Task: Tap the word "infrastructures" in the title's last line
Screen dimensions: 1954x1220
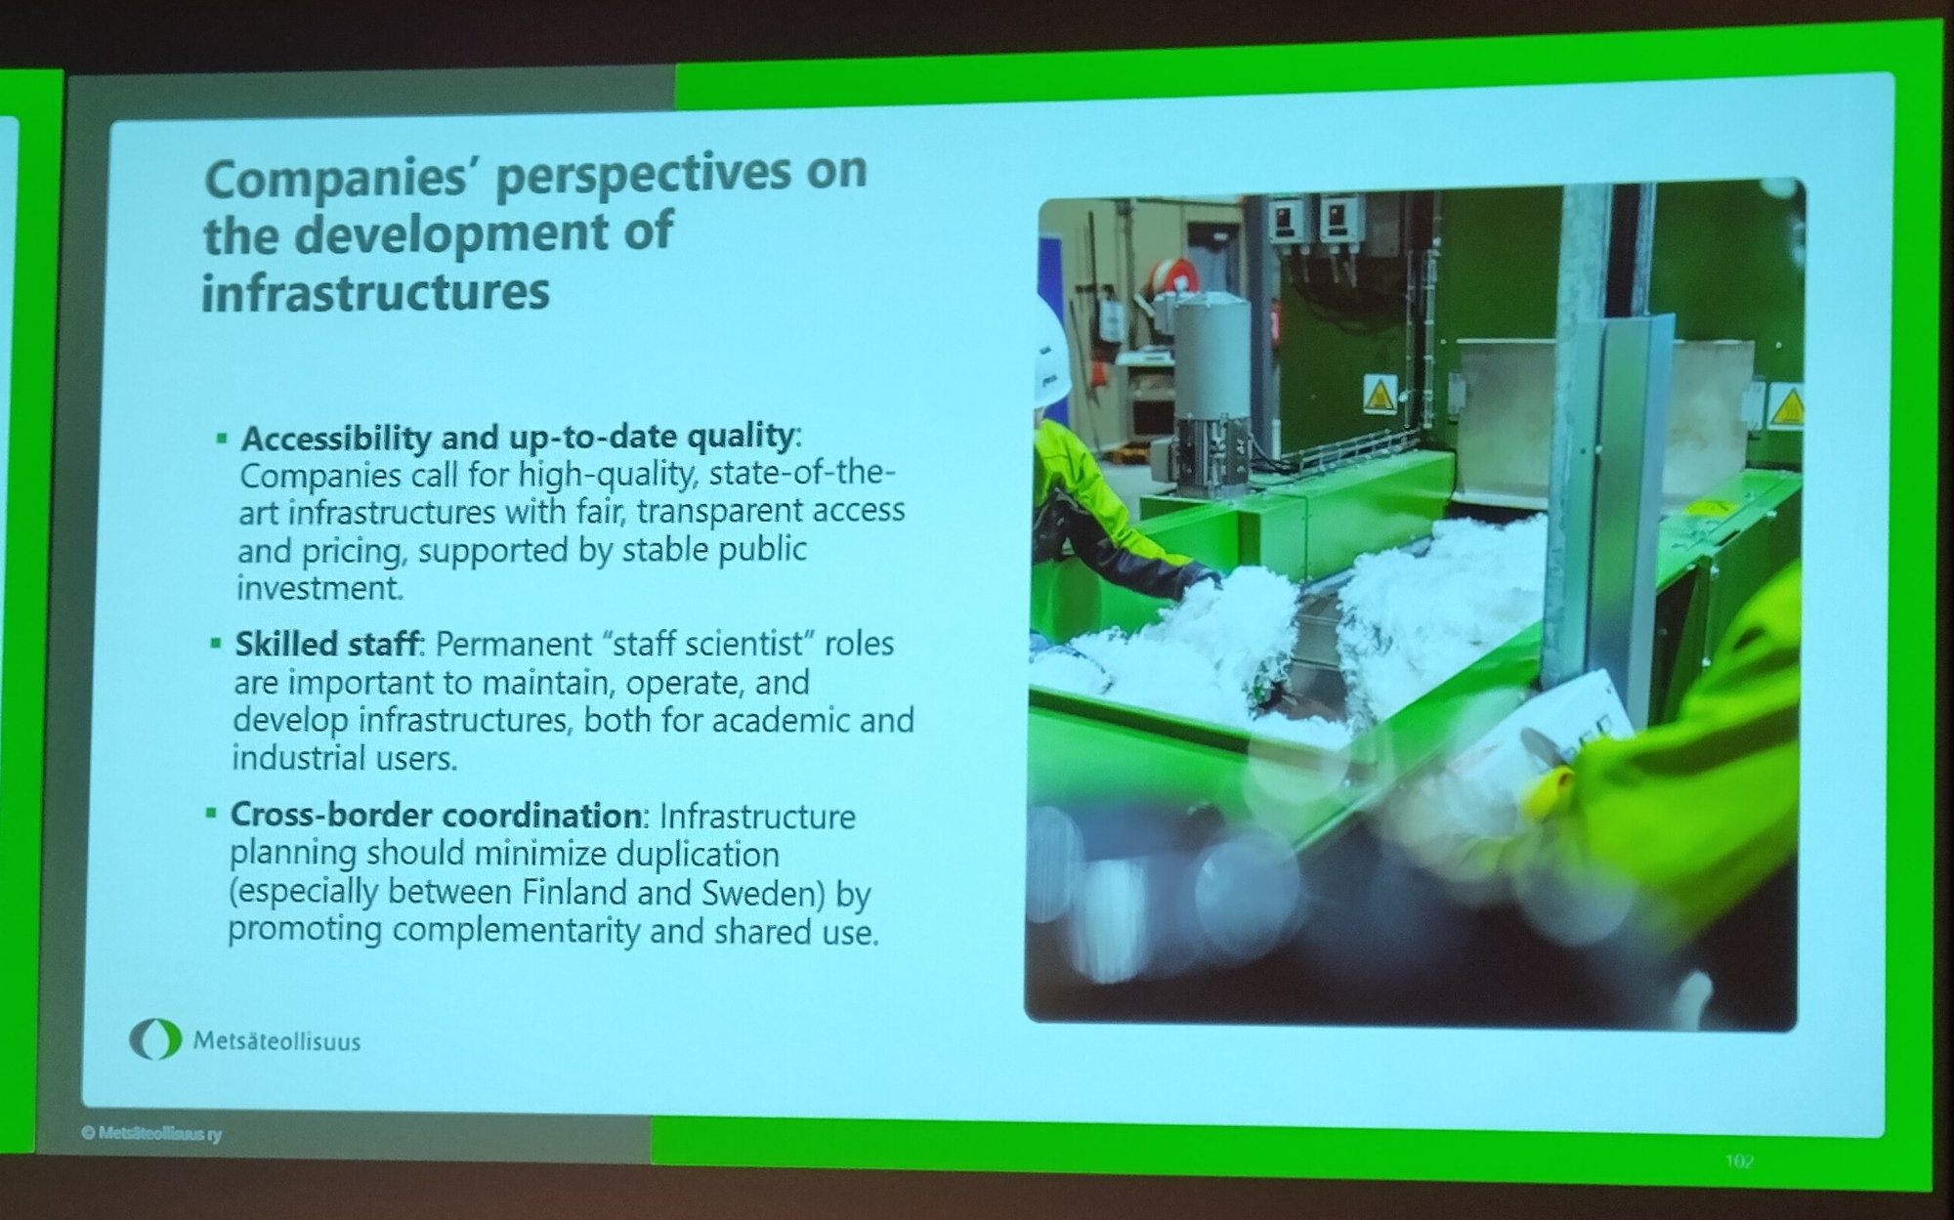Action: [375, 292]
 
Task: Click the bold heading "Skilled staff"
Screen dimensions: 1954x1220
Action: [326, 644]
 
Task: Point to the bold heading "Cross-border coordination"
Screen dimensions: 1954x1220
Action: [435, 815]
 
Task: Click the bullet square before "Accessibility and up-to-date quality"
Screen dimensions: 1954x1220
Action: [222, 440]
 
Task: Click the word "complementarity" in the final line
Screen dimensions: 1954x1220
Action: [516, 931]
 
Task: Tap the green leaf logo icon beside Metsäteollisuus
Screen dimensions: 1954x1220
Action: [155, 1039]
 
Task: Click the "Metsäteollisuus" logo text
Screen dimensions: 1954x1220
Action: [276, 1041]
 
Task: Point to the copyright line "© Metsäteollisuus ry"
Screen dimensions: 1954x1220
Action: [151, 1134]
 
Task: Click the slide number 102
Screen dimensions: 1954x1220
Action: [1740, 1160]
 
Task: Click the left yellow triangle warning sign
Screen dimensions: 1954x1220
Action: [1379, 397]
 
